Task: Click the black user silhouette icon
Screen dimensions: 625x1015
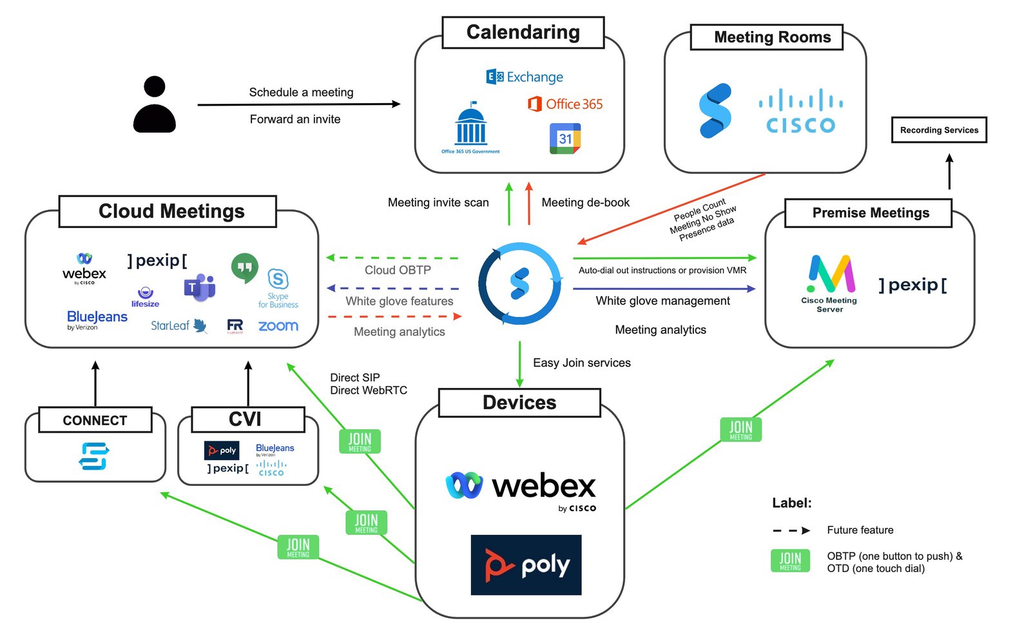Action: point(155,104)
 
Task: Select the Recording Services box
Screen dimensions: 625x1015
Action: point(938,130)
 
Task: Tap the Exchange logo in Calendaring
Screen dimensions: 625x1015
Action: point(525,77)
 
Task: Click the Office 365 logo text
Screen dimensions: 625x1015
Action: point(565,104)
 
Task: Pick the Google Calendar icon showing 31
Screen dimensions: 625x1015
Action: point(565,139)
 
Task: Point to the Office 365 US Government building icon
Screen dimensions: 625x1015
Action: point(470,127)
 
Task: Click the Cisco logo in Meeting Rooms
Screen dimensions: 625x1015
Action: point(800,111)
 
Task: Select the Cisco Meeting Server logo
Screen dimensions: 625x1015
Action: point(829,282)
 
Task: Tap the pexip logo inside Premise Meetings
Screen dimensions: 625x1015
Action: point(913,285)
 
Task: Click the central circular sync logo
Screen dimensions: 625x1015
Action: point(519,284)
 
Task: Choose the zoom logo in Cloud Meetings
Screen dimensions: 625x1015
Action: point(278,326)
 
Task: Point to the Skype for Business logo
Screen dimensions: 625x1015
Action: point(278,288)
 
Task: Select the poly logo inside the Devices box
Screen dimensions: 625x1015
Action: point(526,565)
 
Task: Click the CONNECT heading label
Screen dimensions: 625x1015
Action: point(95,420)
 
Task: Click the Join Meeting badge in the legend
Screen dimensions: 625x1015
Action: point(790,561)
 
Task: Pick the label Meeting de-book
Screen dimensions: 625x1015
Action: point(585,202)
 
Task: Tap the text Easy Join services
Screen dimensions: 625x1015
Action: point(581,363)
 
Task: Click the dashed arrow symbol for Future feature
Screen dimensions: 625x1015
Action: point(791,530)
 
